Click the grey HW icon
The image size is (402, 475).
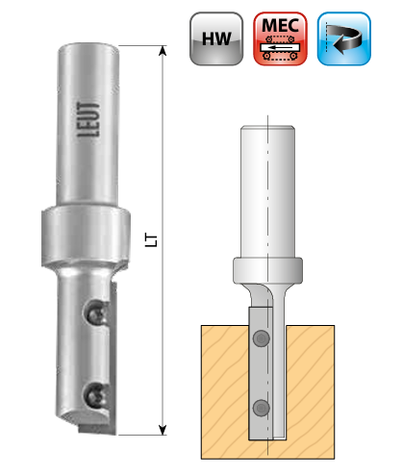tap(216, 38)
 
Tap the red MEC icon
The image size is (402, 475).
tap(280, 38)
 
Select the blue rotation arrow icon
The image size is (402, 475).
tap(344, 38)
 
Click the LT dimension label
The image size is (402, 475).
tap(151, 240)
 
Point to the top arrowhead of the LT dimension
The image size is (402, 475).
tap(163, 51)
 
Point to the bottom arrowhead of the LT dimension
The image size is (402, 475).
tap(163, 430)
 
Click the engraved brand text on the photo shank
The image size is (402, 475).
tap(88, 119)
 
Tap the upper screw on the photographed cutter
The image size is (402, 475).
tap(96, 313)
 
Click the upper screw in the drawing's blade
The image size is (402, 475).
tap(262, 338)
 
